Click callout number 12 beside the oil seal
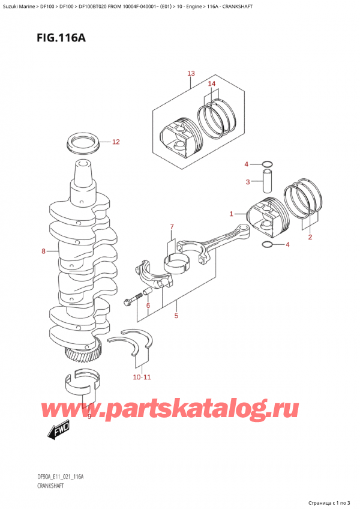click(116, 142)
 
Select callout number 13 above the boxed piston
click(191, 74)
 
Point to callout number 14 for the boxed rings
click(211, 84)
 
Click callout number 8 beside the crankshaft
click(43, 251)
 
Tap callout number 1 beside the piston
click(232, 213)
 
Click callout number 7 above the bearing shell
click(172, 226)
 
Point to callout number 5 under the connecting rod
click(176, 315)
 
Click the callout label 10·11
click(143, 377)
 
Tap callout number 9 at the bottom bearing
click(89, 416)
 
